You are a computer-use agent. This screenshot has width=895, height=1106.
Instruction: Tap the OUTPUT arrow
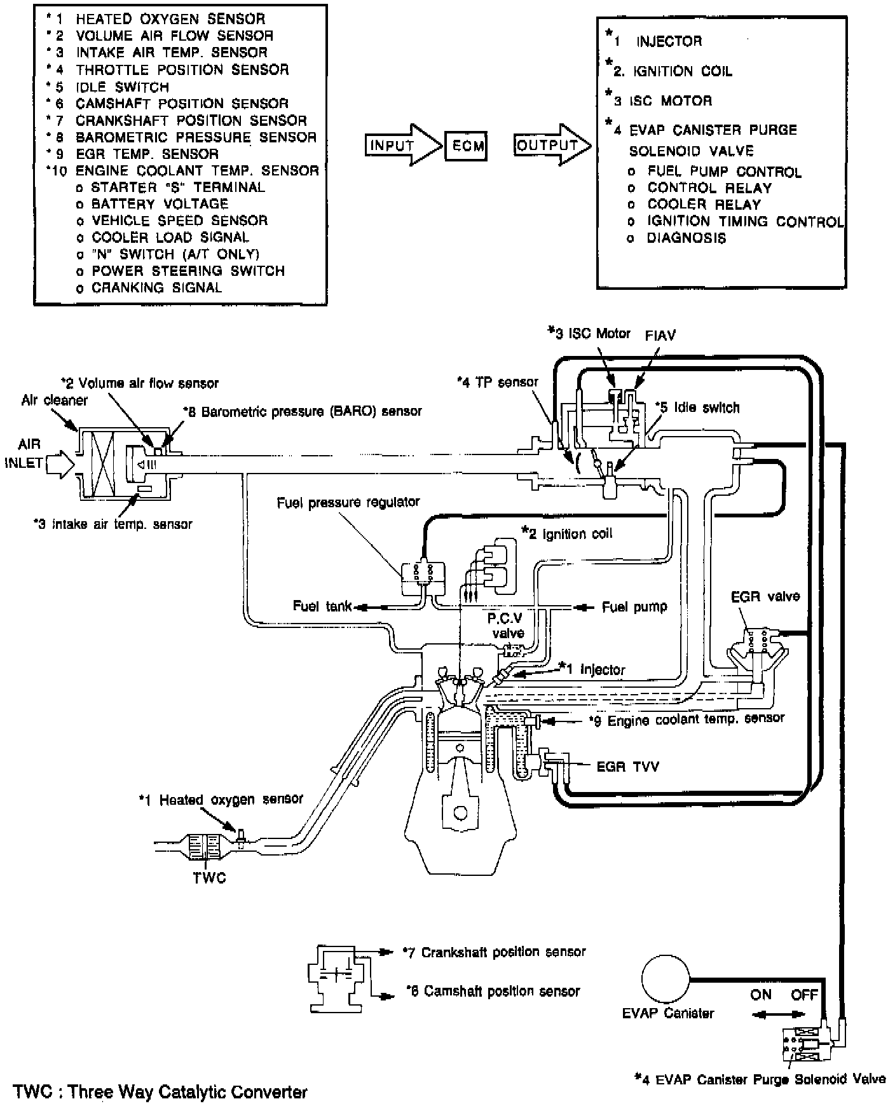pyautogui.click(x=550, y=146)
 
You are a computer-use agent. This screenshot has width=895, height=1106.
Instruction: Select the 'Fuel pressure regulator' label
pyautogui.click(x=348, y=502)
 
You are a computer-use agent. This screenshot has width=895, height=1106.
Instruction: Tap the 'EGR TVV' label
pyautogui.click(x=627, y=767)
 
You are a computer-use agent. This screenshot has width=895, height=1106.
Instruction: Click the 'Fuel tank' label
pyautogui.click(x=322, y=606)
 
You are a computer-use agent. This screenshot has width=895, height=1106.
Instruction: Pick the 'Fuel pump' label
pyautogui.click(x=634, y=607)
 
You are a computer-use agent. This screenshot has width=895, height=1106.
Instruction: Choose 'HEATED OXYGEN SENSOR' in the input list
pyautogui.click(x=170, y=19)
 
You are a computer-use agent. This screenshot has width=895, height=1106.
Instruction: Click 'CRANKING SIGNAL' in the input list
pyautogui.click(x=157, y=287)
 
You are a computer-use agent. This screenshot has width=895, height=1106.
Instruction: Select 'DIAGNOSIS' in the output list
pyautogui.click(x=686, y=238)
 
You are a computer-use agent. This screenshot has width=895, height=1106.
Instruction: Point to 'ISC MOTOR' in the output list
pyautogui.click(x=671, y=100)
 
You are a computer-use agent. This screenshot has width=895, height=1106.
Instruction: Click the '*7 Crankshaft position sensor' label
pyautogui.click(x=495, y=952)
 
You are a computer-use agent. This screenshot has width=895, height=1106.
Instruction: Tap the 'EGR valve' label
pyautogui.click(x=765, y=596)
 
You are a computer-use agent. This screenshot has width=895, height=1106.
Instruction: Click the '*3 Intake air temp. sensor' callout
pyautogui.click(x=113, y=524)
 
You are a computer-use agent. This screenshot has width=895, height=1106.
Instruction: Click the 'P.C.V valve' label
pyautogui.click(x=507, y=625)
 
